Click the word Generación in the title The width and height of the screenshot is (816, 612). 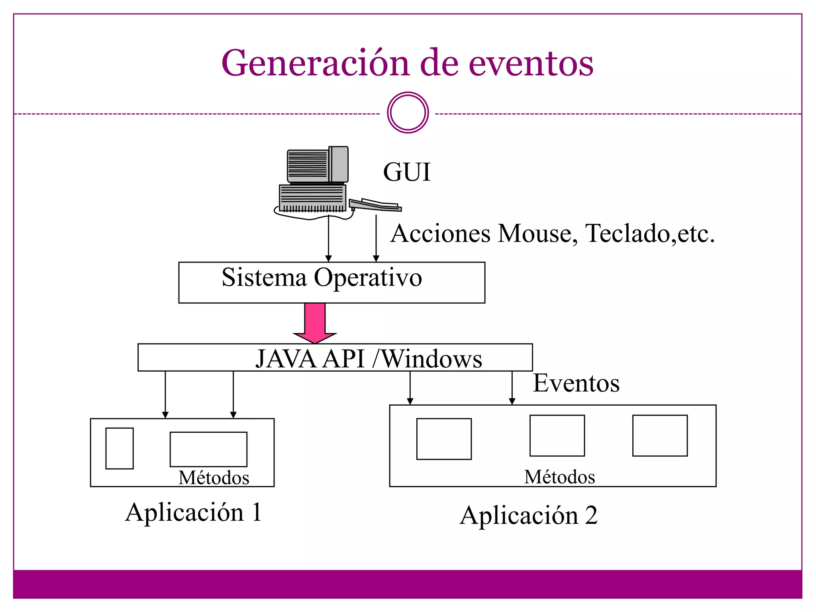(x=315, y=64)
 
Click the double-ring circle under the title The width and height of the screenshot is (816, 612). (x=408, y=113)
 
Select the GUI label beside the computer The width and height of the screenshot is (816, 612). (x=407, y=172)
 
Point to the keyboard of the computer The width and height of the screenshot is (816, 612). (x=375, y=205)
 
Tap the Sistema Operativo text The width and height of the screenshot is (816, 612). (x=322, y=277)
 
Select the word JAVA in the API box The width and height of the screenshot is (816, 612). (x=286, y=359)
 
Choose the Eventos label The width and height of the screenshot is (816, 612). (x=576, y=383)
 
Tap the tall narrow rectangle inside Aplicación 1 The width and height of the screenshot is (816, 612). (x=120, y=448)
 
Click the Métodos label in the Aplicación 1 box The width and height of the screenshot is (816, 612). (x=214, y=478)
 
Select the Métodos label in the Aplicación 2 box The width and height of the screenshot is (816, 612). (x=559, y=477)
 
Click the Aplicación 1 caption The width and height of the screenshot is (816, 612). (x=194, y=512)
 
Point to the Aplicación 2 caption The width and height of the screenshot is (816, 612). (x=528, y=516)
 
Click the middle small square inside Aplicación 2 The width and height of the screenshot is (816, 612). (x=557, y=435)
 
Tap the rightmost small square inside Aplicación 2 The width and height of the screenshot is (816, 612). (x=660, y=435)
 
